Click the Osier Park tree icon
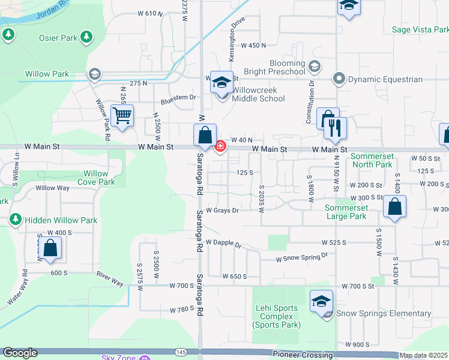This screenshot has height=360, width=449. (87, 38)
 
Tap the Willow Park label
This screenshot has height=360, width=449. (47, 74)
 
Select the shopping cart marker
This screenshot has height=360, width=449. (122, 116)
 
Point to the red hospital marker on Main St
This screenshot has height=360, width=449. (220, 146)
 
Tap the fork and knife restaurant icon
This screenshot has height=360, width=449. (335, 127)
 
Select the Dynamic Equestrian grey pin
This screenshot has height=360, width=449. (339, 79)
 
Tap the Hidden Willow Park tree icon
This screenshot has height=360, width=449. (16, 220)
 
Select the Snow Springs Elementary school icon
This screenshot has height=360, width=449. (321, 301)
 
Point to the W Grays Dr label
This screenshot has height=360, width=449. (222, 211)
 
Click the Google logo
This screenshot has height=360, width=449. (20, 353)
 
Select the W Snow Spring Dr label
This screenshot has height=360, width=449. (301, 257)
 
